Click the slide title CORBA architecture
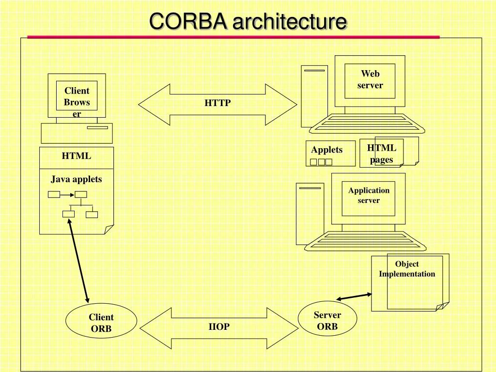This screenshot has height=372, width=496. [x=248, y=22]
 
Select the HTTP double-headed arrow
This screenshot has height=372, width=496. [x=217, y=104]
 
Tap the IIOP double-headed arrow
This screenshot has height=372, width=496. [x=219, y=327]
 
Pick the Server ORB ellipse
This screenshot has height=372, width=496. [x=327, y=320]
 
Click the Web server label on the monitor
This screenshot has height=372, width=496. [x=371, y=80]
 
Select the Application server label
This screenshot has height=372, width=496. [x=369, y=196]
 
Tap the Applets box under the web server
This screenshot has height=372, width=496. [x=330, y=153]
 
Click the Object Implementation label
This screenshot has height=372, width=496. [x=407, y=269]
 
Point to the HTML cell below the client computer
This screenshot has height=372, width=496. [x=77, y=156]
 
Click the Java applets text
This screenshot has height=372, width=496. [x=77, y=179]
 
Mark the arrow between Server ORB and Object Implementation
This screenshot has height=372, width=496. [x=354, y=296]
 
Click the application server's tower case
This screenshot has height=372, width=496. [x=310, y=213]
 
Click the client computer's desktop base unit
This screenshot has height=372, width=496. [x=77, y=133]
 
